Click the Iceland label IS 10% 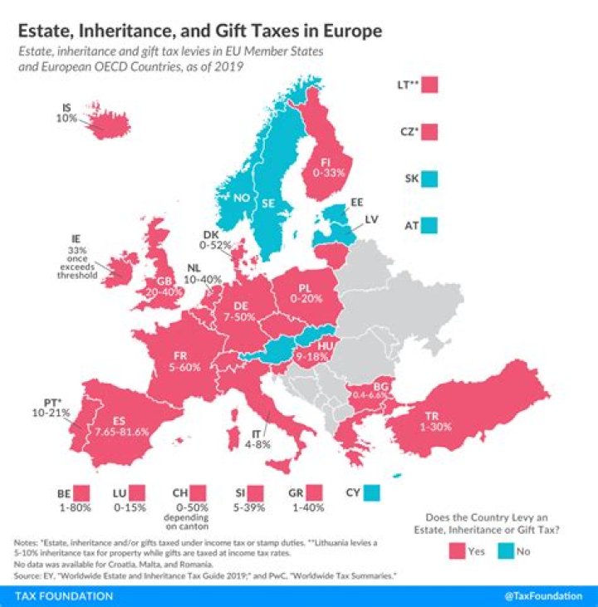click(x=69, y=113)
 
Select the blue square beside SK click(x=429, y=178)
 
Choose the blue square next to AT click(x=429, y=224)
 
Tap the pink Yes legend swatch click(x=457, y=549)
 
